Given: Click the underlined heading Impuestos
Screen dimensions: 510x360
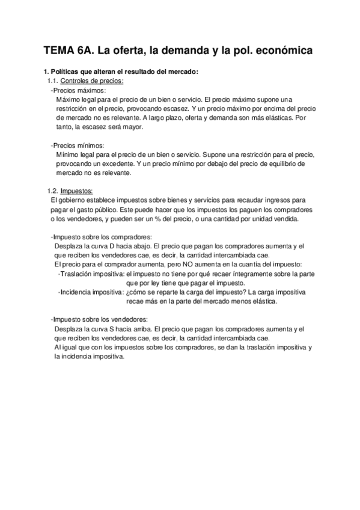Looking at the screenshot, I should pos(77,191).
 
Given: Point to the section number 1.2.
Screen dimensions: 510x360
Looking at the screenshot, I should pos(52,191).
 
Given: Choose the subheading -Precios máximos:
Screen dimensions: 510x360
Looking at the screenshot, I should pos(78,90).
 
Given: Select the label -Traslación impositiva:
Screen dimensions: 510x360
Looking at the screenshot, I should pos(91,274).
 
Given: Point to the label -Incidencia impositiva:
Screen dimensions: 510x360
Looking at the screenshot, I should pos(91,292).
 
